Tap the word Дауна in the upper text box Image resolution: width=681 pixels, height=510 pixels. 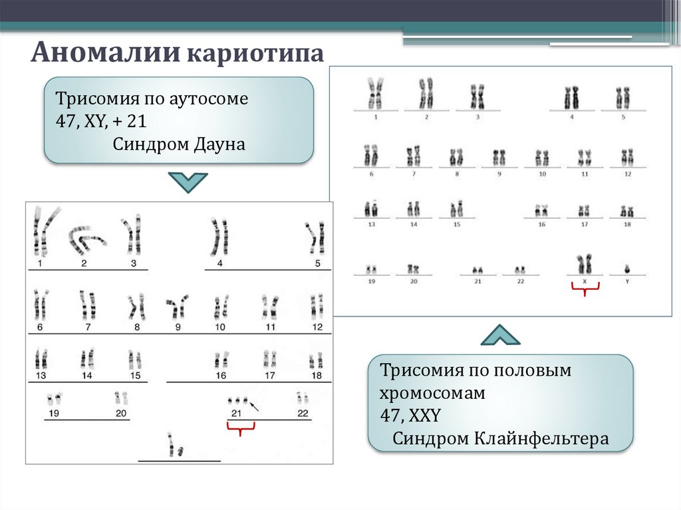[217, 144]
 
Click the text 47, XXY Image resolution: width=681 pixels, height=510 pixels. [410, 416]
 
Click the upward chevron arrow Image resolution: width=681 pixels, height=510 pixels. [500, 335]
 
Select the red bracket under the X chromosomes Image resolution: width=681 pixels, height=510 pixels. [585, 287]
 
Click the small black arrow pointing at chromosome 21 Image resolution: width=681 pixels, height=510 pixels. [255, 406]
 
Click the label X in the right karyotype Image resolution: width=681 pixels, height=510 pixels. [585, 281]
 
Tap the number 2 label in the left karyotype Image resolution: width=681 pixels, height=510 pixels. [84, 263]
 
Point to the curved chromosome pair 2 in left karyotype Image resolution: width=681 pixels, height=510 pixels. [86, 239]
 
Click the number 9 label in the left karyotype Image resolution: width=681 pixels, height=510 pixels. [178, 326]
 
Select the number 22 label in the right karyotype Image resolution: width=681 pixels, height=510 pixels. [521, 281]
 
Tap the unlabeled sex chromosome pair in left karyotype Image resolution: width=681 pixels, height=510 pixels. [175, 445]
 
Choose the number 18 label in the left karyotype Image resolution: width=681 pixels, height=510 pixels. [317, 376]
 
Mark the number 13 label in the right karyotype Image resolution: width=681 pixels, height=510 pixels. [371, 225]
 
